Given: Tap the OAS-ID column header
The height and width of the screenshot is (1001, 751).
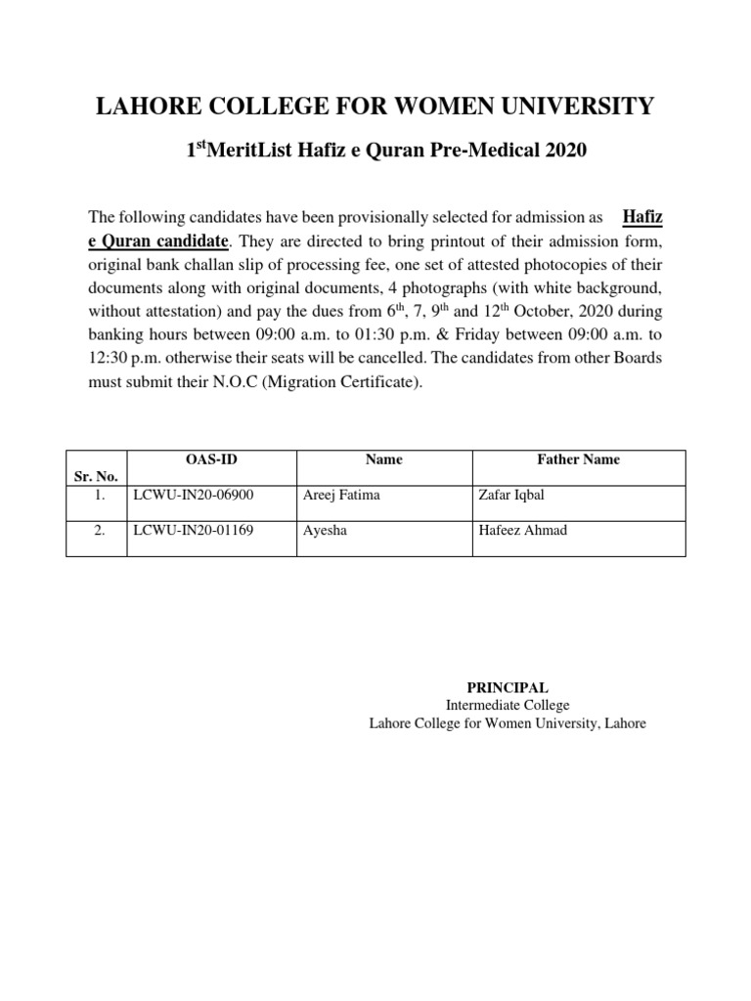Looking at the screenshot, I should pyautogui.click(x=208, y=459).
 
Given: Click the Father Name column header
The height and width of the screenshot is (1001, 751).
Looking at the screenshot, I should pyautogui.click(x=579, y=459).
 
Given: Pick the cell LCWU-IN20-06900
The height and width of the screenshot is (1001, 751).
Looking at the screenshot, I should pyautogui.click(x=193, y=495).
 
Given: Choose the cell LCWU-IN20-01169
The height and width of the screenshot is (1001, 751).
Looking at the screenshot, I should pyautogui.click(x=193, y=531).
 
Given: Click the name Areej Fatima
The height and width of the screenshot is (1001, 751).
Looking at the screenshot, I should pyautogui.click(x=342, y=495).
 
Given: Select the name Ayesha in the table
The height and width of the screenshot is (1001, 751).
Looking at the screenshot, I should pyautogui.click(x=328, y=531).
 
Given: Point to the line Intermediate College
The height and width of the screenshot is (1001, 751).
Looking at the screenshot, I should pyautogui.click(x=507, y=706).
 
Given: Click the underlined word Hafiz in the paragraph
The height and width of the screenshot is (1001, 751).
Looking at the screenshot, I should pyautogui.click(x=641, y=215).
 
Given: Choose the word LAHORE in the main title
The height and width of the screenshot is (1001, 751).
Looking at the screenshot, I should pyautogui.click(x=142, y=107).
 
